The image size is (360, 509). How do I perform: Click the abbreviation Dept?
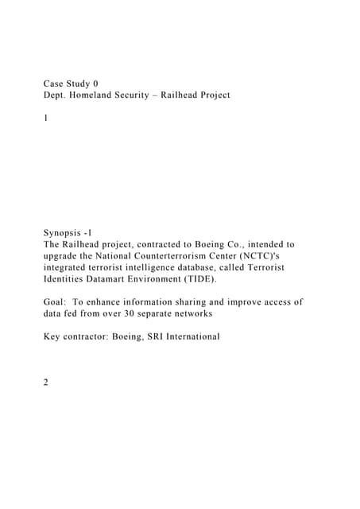(56, 95)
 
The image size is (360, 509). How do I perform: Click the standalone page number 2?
(46, 383)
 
